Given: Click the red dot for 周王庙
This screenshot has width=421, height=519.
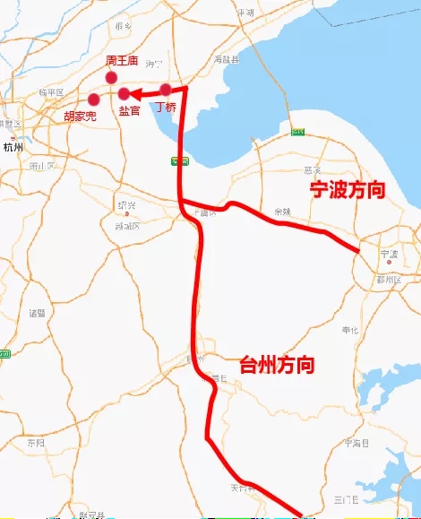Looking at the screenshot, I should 112,78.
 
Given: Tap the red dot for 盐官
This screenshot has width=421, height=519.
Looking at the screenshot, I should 125,93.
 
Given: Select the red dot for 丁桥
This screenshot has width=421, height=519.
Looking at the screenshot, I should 166,90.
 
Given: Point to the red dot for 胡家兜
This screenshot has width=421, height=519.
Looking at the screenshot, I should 93,99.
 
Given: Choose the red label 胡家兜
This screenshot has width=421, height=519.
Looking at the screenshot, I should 80,117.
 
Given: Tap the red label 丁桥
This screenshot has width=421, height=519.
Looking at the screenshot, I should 166,107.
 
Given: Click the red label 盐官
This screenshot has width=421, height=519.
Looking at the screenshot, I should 130,110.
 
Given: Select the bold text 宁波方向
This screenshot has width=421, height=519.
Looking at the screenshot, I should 347,190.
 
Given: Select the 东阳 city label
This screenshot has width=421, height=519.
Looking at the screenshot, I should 35,443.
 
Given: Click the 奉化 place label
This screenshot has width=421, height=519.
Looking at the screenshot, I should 350,330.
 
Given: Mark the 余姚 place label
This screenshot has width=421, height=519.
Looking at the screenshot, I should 283,212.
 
